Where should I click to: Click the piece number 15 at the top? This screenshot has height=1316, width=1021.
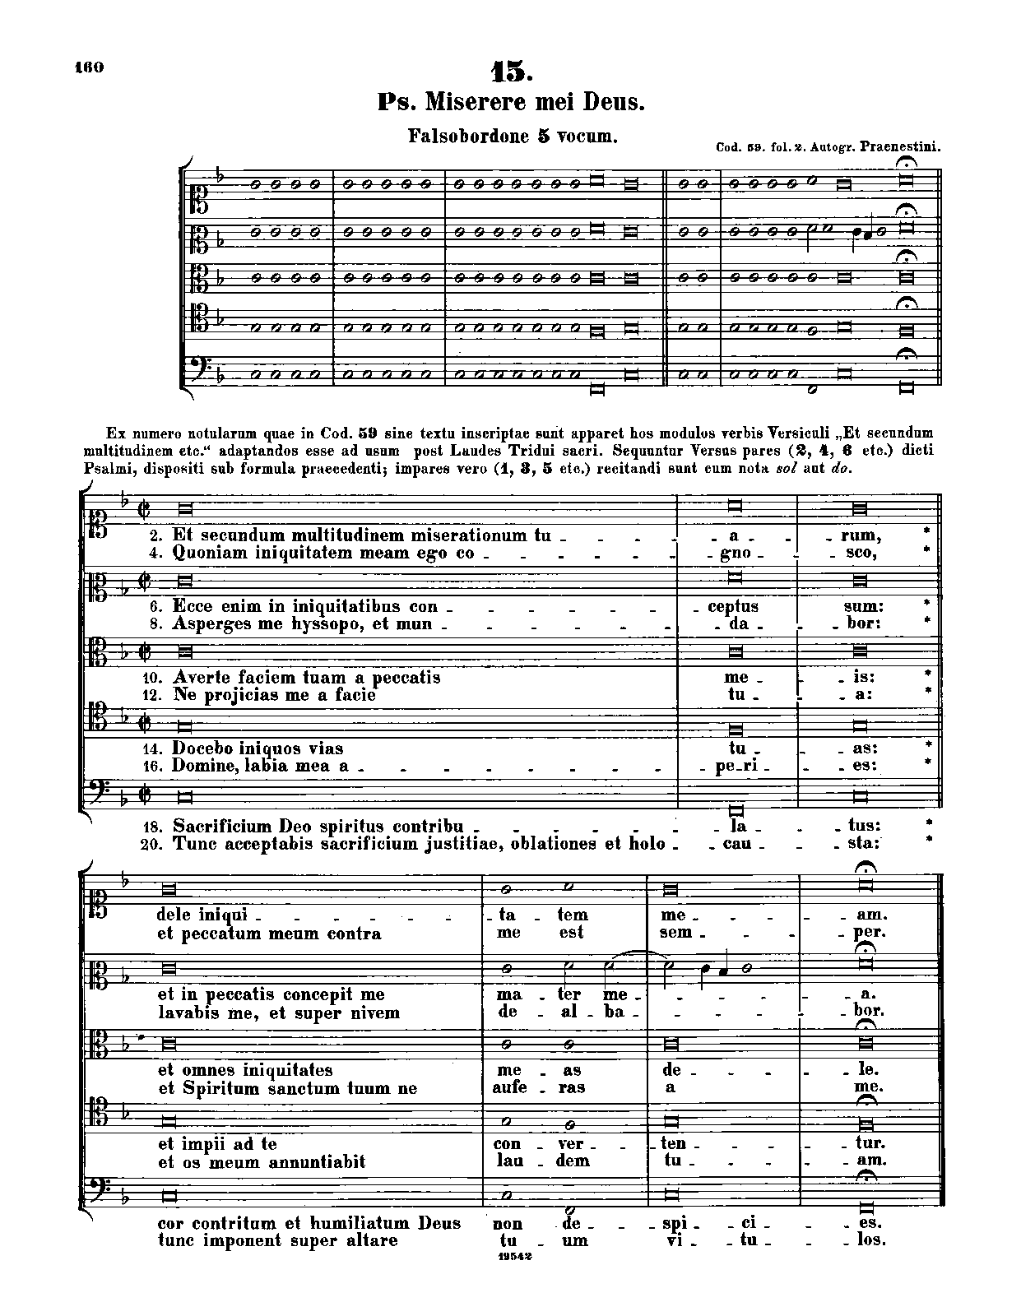(x=512, y=72)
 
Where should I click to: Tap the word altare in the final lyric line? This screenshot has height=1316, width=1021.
(x=372, y=1240)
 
